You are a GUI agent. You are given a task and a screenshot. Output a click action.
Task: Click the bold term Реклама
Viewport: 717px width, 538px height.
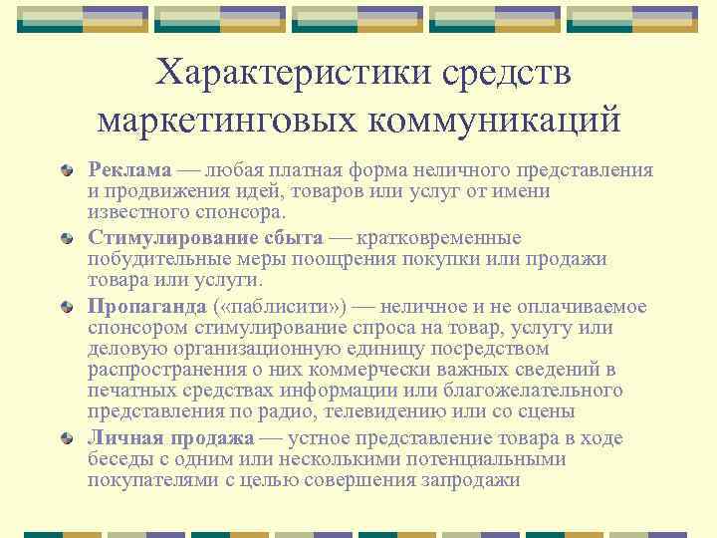129,169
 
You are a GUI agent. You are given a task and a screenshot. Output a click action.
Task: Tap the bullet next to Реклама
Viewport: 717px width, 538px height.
66,170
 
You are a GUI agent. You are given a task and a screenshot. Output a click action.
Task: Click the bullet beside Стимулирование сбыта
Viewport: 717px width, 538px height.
66,239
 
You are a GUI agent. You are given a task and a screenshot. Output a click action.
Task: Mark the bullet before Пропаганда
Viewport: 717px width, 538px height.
66,307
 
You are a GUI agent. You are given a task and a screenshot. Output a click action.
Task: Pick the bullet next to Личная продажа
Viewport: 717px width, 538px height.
66,438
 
